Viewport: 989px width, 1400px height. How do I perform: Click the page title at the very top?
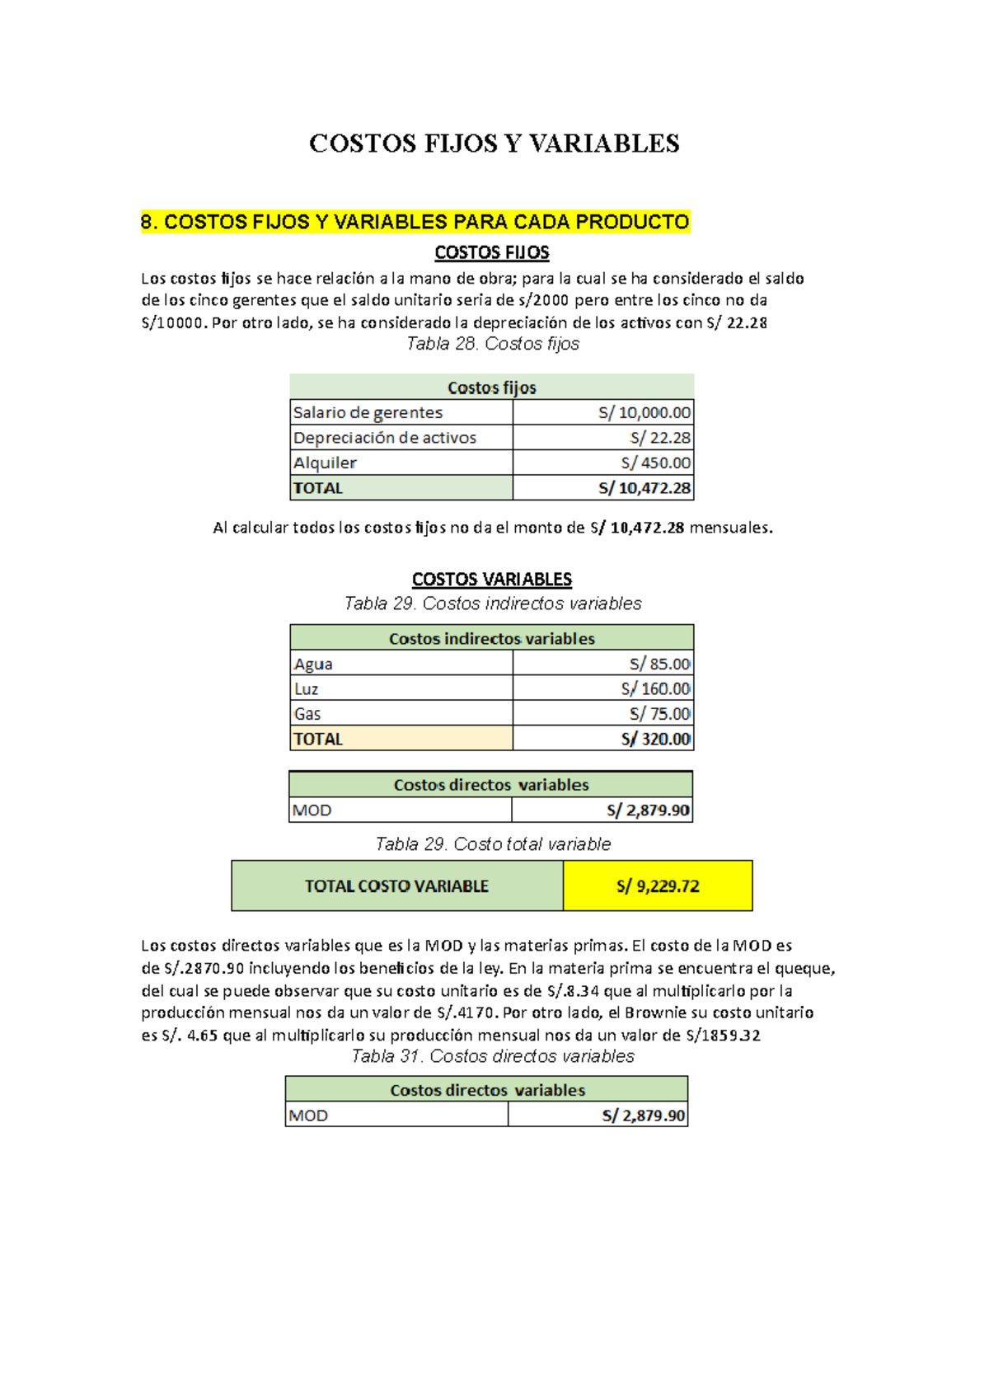point(494,143)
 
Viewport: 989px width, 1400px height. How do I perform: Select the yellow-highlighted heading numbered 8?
point(415,222)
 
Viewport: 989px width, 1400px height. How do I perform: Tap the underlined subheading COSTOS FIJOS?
point(491,252)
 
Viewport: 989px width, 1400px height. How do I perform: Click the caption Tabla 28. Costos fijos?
point(492,344)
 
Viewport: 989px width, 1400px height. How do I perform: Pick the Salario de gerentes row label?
point(368,412)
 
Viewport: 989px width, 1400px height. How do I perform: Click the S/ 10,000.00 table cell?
point(644,412)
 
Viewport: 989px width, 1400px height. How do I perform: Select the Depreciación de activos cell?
point(385,438)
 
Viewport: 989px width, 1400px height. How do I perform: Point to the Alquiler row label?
point(326,463)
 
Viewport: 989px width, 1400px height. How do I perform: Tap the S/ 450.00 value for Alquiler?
point(655,463)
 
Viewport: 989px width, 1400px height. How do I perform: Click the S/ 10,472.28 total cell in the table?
point(644,488)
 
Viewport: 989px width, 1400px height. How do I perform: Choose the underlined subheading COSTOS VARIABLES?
point(491,580)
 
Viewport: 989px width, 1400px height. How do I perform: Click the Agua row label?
point(314,664)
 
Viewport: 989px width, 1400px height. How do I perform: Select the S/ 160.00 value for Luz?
point(655,688)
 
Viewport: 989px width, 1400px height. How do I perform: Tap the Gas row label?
point(307,714)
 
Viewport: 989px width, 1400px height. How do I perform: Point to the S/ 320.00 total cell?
point(655,739)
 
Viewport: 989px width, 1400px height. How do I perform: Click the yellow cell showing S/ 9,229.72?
point(658,886)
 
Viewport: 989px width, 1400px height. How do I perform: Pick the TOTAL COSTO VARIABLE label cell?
point(396,886)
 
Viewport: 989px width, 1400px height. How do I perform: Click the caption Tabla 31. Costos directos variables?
point(492,1056)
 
